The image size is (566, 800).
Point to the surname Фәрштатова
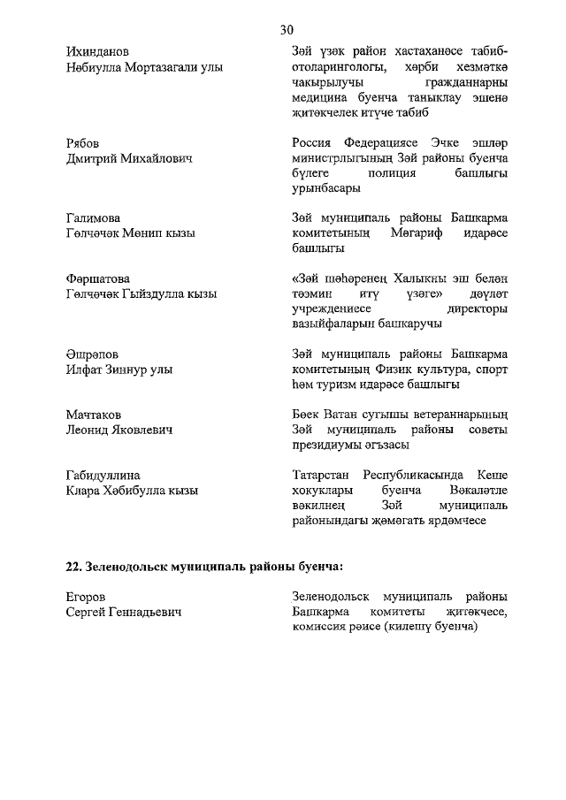click(x=98, y=278)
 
